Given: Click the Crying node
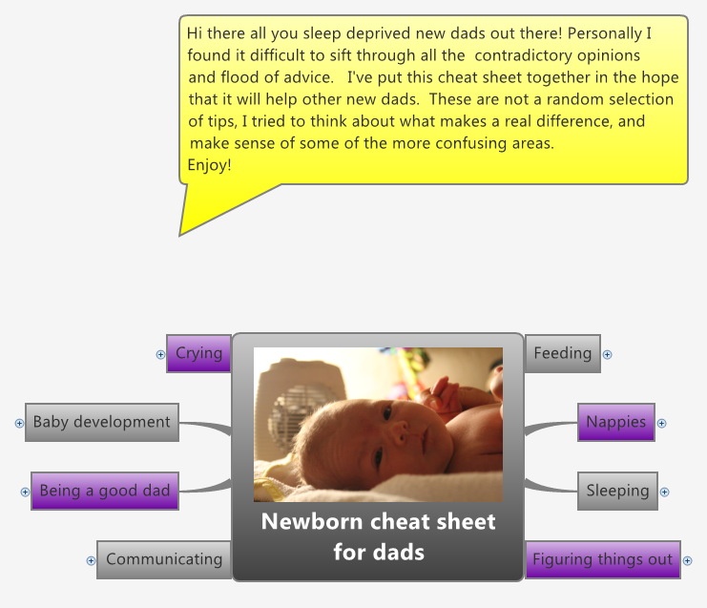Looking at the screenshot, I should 198,353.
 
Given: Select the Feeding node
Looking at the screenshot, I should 562,353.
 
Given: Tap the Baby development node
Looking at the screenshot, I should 101,422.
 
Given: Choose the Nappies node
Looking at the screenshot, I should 615,422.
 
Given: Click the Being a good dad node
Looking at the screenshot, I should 104,491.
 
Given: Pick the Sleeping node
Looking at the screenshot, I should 617,491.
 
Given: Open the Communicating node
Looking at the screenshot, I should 163,559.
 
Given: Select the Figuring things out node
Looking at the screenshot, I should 602,559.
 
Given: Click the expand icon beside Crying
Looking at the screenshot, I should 160,354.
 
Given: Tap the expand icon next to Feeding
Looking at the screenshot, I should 607,355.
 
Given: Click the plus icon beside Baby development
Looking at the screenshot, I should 19,423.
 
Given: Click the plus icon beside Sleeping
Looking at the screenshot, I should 664,493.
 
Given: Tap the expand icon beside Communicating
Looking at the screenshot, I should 91,561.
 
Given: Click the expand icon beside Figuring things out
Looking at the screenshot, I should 687,561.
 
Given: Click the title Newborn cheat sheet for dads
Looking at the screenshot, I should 378,536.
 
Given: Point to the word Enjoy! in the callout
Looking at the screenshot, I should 209,165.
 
